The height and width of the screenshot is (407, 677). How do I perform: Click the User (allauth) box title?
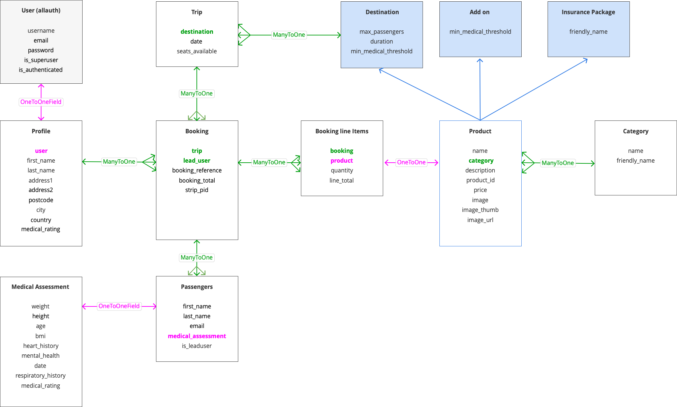point(41,10)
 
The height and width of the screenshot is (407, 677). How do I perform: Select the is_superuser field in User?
point(41,60)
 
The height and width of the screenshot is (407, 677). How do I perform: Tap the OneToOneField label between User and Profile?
point(41,102)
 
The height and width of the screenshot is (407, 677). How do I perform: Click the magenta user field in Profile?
point(41,151)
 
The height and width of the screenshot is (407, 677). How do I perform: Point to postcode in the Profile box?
point(41,200)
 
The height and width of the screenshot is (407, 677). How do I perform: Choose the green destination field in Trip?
point(197,32)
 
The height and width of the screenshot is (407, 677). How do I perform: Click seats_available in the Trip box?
point(197,51)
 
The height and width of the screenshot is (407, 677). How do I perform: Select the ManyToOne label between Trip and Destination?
point(289,35)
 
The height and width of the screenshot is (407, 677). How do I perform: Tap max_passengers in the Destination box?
point(381,32)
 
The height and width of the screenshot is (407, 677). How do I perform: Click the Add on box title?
point(480,12)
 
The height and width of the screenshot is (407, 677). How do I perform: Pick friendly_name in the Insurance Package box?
point(588,32)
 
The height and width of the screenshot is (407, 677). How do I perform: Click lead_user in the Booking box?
point(197,161)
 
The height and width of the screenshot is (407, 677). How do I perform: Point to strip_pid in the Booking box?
point(197,190)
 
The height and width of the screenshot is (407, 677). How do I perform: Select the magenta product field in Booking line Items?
point(342,161)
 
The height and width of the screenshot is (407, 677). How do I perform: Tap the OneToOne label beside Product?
point(411,162)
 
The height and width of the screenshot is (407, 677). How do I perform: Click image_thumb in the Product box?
point(480,210)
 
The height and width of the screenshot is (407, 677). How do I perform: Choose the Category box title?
point(636,131)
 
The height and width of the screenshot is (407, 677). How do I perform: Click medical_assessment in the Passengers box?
point(197,336)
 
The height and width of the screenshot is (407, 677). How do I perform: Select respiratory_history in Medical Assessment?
point(40,376)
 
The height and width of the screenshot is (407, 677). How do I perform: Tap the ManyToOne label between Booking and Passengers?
point(196,257)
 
